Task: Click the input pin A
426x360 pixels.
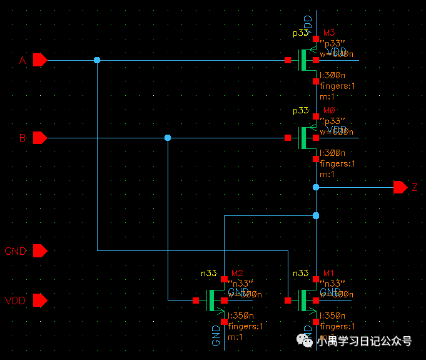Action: (x=39, y=60)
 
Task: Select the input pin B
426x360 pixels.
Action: (x=39, y=138)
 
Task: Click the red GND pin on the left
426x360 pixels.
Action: (x=39, y=251)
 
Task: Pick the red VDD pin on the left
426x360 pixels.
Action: (x=39, y=301)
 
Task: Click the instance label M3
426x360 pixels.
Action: (x=328, y=33)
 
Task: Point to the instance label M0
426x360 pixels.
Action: (x=328, y=110)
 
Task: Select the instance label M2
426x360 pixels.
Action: (x=237, y=273)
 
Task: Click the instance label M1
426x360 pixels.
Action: (x=328, y=273)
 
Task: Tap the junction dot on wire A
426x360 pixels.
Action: (x=97, y=60)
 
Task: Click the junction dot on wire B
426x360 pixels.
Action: (x=167, y=138)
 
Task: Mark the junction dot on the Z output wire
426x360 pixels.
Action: (x=316, y=187)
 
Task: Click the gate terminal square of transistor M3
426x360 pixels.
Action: (x=287, y=60)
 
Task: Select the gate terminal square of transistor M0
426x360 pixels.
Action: (x=287, y=138)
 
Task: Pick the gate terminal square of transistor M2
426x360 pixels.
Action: (x=196, y=301)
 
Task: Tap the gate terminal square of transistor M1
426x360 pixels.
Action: (x=287, y=301)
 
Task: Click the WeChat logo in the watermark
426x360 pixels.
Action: (x=307, y=341)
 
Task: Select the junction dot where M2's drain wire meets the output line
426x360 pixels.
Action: (x=316, y=215)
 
